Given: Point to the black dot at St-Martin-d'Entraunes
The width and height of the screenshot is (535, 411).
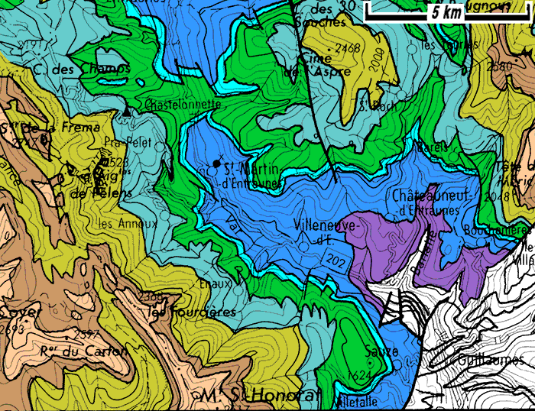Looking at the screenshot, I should point(217,163).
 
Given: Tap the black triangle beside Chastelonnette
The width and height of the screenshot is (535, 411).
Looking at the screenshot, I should point(126,112).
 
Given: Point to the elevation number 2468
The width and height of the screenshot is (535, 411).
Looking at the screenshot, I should point(347,48).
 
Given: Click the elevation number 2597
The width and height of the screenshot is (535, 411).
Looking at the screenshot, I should point(90,335).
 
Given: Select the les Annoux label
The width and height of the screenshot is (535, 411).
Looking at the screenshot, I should point(128,224).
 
